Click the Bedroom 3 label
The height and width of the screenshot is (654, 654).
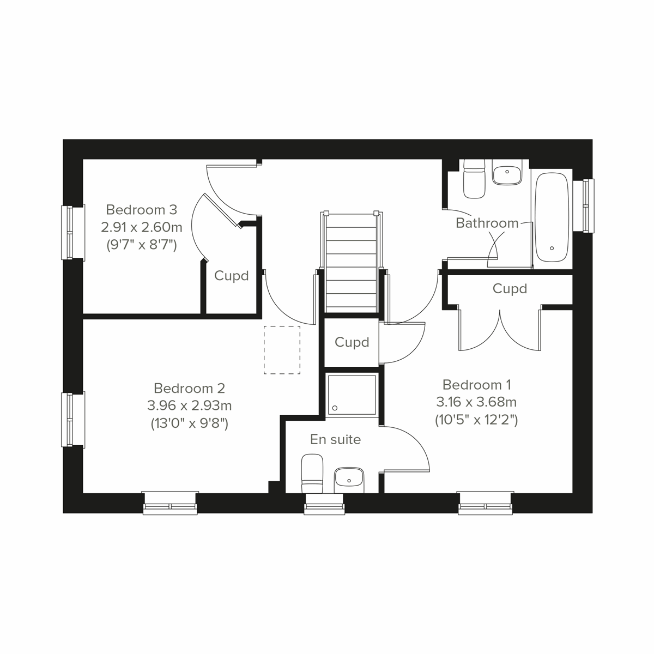point(142,210)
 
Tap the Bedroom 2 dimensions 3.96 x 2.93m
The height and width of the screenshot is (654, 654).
point(189,405)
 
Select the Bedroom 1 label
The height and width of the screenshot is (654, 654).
point(476,385)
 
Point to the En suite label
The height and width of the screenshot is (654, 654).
point(335,439)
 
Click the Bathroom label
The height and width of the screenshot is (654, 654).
point(487,223)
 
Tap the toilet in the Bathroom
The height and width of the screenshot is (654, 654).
point(474,178)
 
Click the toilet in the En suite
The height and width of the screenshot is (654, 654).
point(312,475)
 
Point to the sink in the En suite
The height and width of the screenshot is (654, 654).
point(349,479)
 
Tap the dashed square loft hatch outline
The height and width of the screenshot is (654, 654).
point(282,350)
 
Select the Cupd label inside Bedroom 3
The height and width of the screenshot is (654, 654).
point(231,276)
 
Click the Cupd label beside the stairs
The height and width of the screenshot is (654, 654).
point(352,342)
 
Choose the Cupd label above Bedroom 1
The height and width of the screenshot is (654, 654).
point(510,288)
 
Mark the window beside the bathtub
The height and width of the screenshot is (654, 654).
point(585,205)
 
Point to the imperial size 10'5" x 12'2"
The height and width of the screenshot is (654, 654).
point(476,420)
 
